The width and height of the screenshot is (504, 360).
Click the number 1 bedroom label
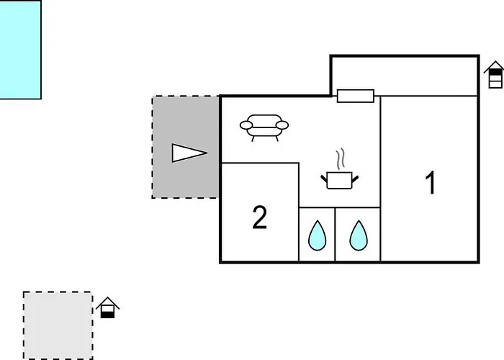431,182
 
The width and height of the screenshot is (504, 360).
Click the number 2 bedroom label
260,217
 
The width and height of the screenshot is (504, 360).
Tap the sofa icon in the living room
264,127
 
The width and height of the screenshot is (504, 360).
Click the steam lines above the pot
341,159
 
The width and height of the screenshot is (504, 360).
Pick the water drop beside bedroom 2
318,235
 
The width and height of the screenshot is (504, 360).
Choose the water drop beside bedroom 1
359,235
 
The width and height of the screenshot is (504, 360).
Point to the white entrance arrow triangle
189,153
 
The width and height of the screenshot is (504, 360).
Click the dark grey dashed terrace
186,147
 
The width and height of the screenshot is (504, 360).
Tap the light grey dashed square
58,325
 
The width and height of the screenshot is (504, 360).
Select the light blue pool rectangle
21,50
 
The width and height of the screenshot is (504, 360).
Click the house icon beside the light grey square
108,307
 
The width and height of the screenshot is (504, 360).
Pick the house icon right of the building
495,75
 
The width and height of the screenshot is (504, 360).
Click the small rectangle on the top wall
356,96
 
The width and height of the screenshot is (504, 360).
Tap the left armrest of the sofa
246,125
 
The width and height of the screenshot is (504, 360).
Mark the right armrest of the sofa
282,125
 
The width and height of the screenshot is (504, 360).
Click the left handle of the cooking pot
324,179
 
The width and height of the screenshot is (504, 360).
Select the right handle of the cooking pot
355,179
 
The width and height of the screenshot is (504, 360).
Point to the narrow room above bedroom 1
405,76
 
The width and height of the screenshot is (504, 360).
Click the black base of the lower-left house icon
108,315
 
